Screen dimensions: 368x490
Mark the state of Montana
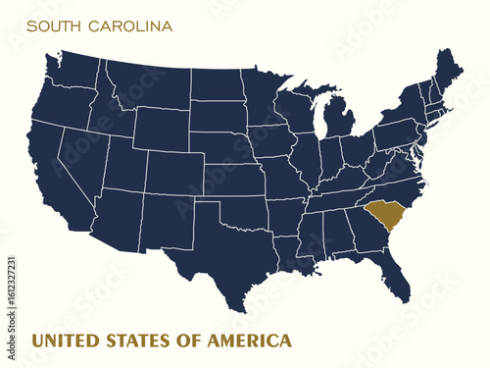pyautogui.click(x=145, y=83)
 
